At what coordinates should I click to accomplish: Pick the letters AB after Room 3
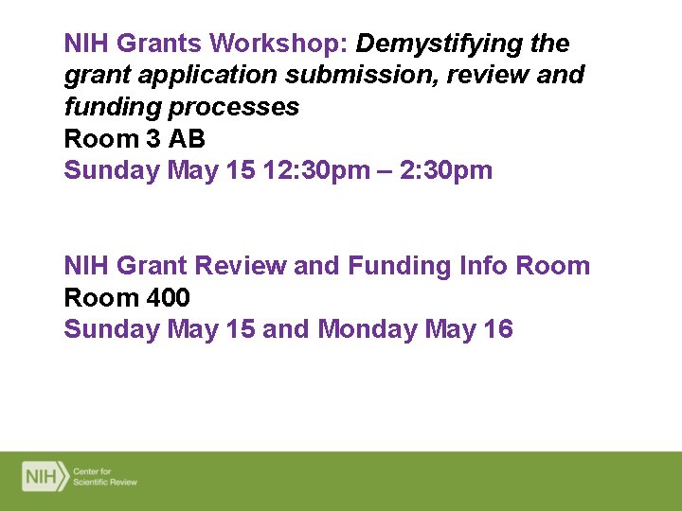[187, 139]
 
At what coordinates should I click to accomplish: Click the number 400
[168, 298]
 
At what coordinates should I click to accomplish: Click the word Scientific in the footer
[94, 482]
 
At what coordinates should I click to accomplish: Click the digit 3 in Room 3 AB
[153, 139]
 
